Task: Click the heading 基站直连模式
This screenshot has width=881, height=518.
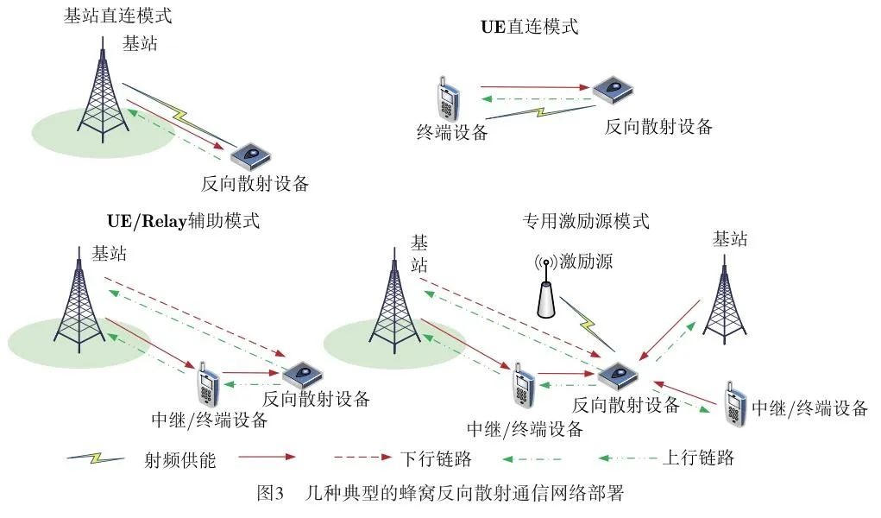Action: tap(117, 17)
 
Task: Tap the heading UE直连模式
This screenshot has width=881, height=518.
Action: tap(529, 27)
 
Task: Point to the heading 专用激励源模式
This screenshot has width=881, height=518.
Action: tap(585, 221)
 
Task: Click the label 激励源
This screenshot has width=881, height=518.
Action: tap(586, 261)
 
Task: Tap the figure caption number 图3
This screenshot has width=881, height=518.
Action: tap(270, 495)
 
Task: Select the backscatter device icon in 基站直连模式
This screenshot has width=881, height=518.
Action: tap(249, 155)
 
